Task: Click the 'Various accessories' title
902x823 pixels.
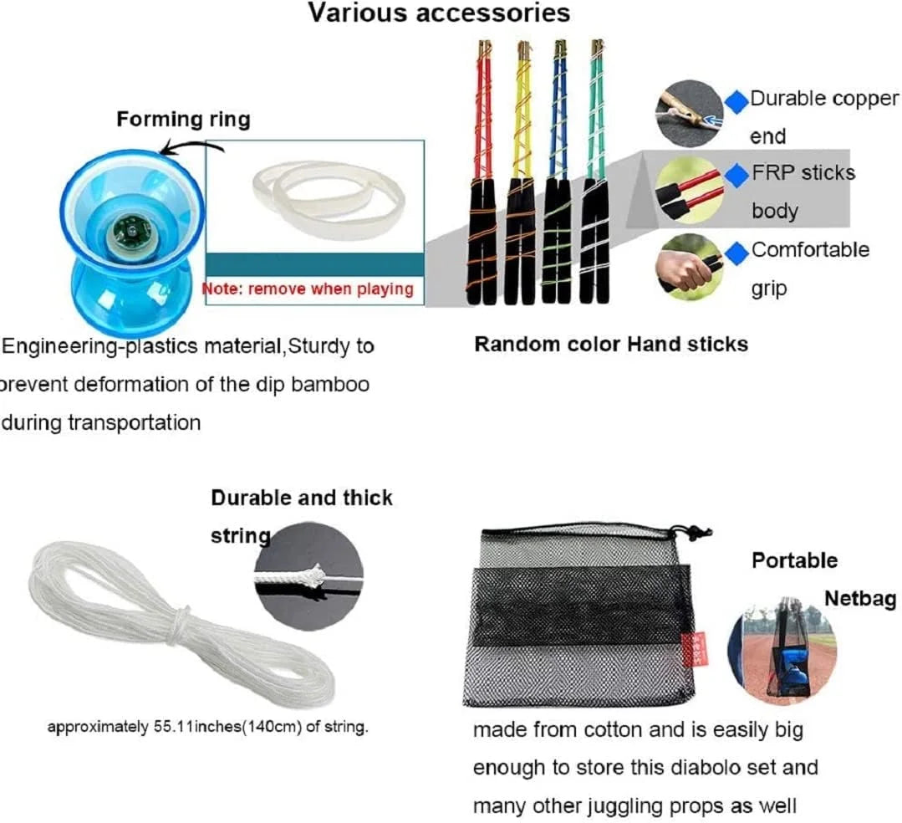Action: [x=439, y=13]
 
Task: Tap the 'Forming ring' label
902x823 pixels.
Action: [x=183, y=119]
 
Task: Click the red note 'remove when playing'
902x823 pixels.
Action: [x=308, y=289]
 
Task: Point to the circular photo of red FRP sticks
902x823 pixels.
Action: [x=690, y=191]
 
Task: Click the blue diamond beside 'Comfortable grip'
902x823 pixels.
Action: [x=736, y=250]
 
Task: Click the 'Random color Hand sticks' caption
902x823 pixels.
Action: [x=611, y=344]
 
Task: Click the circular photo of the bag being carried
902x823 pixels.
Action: [x=782, y=639]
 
